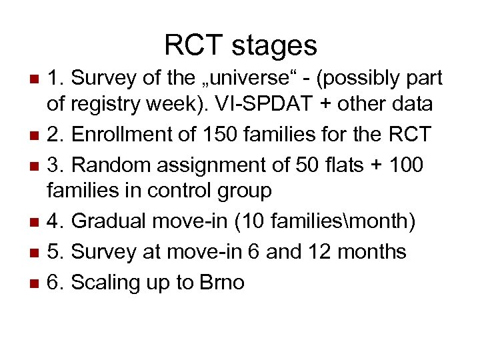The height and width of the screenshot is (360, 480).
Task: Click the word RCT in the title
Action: tap(192, 45)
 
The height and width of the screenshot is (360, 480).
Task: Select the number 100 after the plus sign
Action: tap(403, 164)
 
